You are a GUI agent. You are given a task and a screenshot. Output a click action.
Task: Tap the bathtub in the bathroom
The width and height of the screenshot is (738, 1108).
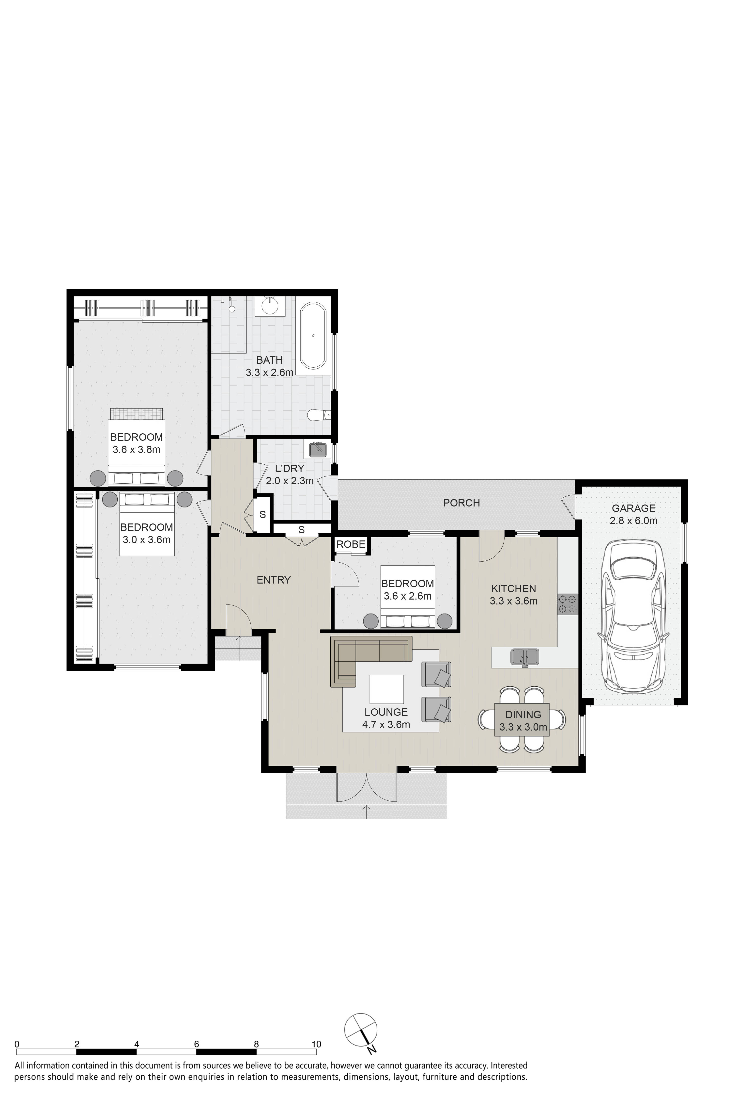[313, 336]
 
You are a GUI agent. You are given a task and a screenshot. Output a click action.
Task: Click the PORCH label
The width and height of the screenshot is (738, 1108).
[461, 503]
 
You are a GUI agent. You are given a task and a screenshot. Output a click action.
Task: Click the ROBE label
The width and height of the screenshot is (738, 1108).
[351, 544]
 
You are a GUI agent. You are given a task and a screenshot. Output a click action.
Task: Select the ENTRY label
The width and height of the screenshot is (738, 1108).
[274, 580]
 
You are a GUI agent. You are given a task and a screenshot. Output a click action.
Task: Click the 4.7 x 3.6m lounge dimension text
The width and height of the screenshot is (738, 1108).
[386, 725]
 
